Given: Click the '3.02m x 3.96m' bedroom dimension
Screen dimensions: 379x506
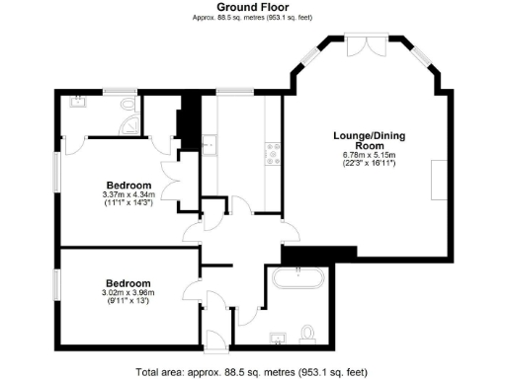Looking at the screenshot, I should click(x=128, y=292).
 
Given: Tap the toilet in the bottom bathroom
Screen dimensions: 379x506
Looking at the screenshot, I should click(x=308, y=334).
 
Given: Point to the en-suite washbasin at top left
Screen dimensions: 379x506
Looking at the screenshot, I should click(x=77, y=101).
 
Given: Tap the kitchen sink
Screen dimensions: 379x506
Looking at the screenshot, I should click(x=209, y=144).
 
